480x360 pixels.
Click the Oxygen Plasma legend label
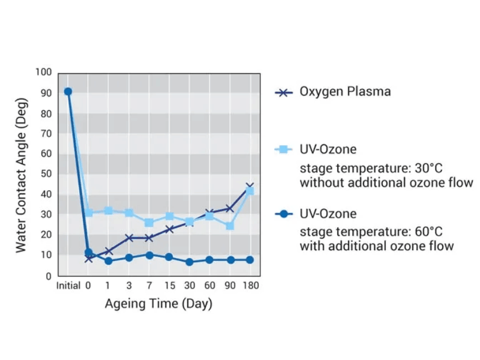coord(345,92)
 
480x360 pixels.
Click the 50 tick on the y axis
coord(46,174)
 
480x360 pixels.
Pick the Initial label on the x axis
coord(68,286)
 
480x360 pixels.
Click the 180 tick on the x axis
coord(250,286)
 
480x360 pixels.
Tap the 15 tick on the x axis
coord(169,286)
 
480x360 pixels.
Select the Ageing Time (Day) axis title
coord(158,304)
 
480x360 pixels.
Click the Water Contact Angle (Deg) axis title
coord(22,174)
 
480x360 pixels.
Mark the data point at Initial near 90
coord(68,91)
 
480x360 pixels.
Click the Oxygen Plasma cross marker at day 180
coord(250,187)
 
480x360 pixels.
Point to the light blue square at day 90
coord(230,226)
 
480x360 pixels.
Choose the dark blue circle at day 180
coord(250,260)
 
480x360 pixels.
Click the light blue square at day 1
coord(109,211)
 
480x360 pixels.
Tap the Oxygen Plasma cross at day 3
coord(129,238)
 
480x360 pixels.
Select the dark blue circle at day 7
coord(149,255)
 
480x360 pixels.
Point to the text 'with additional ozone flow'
coord(377,246)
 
